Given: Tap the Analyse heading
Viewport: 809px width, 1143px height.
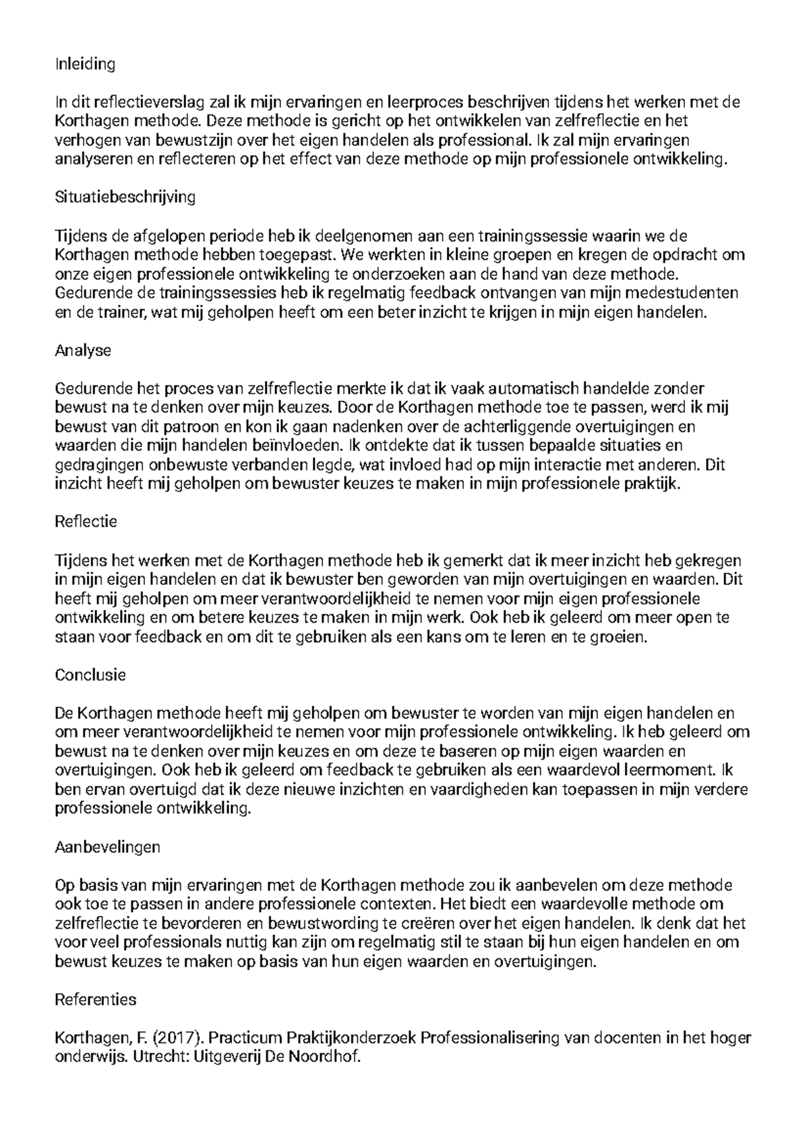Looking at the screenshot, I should coord(82,350).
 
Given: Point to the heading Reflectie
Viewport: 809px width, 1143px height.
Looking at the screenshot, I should coord(86,521).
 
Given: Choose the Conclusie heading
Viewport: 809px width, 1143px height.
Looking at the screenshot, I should coord(90,675).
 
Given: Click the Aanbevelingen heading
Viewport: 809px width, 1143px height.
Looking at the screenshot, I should coord(107,846).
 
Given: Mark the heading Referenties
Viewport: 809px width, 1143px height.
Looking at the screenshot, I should coord(95,999).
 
